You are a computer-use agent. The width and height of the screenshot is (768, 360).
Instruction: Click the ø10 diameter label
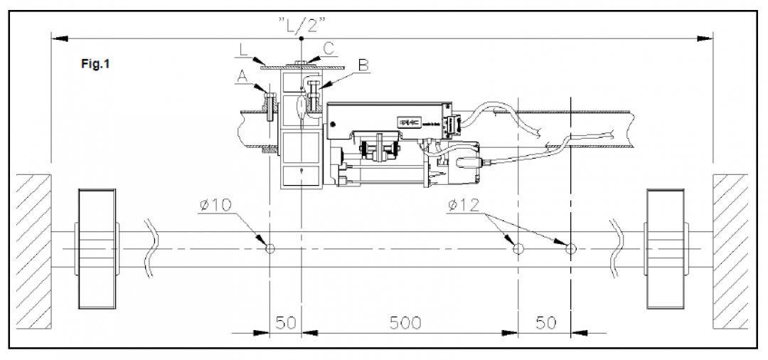point(216,206)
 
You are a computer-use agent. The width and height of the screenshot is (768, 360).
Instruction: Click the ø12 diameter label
point(464,206)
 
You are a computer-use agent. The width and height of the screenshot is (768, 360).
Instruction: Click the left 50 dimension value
point(285,322)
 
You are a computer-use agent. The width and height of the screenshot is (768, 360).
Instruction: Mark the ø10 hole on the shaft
point(270,248)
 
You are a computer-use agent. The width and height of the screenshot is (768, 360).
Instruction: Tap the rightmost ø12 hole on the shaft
point(570,248)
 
